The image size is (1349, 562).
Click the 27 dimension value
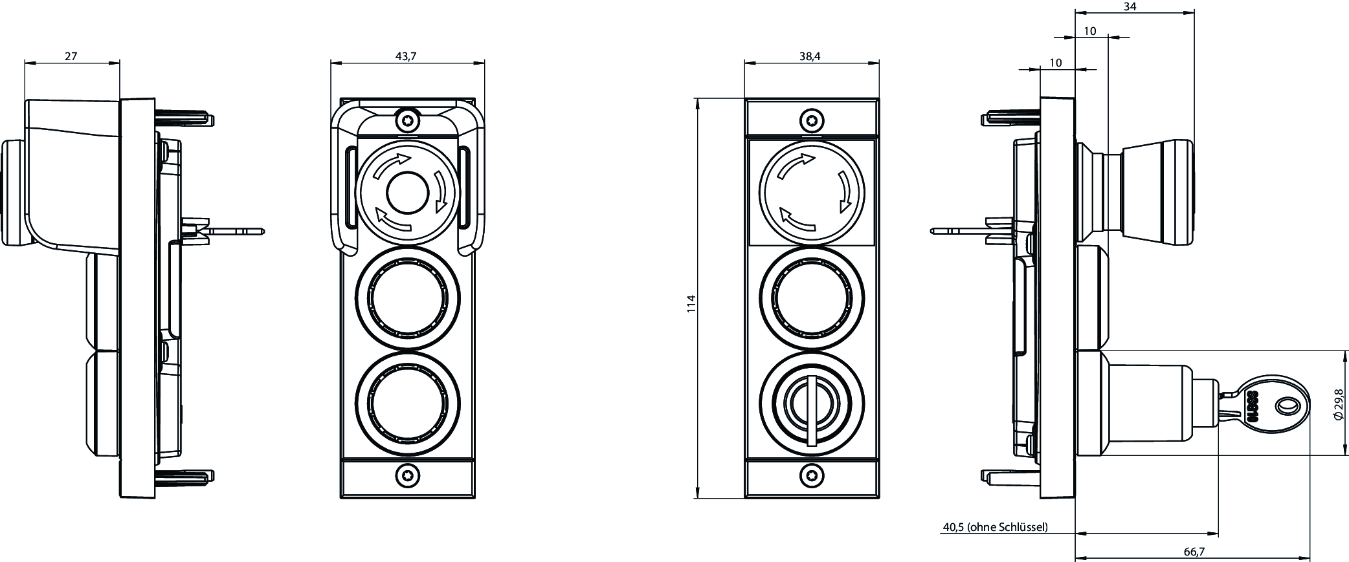71,56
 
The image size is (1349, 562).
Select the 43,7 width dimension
406,56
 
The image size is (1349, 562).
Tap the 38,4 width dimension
810,56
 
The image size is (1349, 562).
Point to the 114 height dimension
691,304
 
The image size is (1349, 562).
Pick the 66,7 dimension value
1194,551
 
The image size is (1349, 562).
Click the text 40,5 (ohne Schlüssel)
995,527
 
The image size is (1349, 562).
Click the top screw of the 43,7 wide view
407,120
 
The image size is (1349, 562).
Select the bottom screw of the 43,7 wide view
407,476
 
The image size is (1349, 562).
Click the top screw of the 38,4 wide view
812,120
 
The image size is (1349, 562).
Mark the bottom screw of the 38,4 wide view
812,476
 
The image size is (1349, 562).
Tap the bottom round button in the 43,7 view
407,404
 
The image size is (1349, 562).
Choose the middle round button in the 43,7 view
407,298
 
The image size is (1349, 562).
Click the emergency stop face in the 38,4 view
812,193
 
